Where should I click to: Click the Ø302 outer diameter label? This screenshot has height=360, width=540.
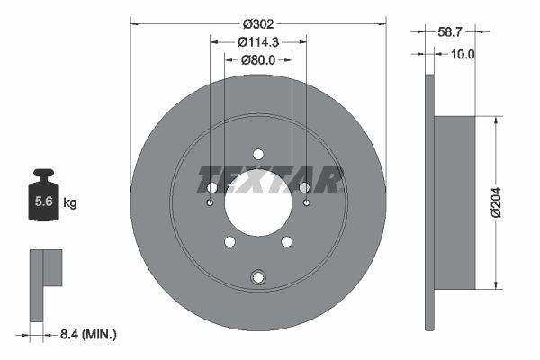pyautogui.click(x=258, y=24)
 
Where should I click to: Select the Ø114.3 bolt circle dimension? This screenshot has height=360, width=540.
pyautogui.click(x=258, y=42)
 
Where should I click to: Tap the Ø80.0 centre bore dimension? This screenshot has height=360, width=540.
pyautogui.click(x=258, y=60)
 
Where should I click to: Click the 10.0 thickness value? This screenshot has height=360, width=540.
pyautogui.click(x=463, y=54)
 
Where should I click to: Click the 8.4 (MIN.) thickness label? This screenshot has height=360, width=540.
pyautogui.click(x=87, y=334)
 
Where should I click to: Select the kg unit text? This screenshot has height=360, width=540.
pyautogui.click(x=70, y=203)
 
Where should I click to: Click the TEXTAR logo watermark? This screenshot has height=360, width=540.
pyautogui.click(x=270, y=180)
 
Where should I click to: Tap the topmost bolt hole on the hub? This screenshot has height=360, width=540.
pyautogui.click(x=258, y=154)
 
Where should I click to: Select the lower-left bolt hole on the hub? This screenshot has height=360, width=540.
pyautogui.click(x=229, y=241)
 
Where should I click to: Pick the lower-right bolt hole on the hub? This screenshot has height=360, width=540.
pyautogui.click(x=287, y=241)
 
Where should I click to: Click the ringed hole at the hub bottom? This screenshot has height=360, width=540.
pyautogui.click(x=258, y=276)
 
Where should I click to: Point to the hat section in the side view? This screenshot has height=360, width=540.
pyautogui.click(x=454, y=203)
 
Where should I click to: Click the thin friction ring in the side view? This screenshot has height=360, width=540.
pyautogui.click(x=428, y=203)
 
